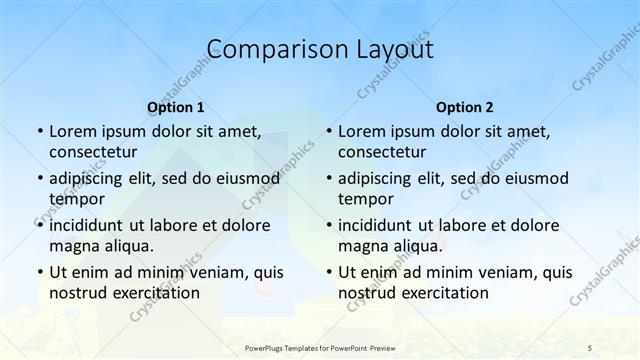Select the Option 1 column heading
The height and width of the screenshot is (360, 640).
tap(176, 107)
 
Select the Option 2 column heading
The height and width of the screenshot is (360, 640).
tap(465, 107)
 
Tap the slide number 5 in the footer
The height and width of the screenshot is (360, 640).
tap(590, 348)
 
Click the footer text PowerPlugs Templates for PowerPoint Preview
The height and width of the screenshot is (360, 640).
tap(319, 348)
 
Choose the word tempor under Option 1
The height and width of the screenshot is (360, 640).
tap(76, 198)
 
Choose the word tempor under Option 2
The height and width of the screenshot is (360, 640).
tap(365, 198)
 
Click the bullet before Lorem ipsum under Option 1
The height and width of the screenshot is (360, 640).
tap(39, 132)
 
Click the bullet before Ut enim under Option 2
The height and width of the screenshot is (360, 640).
tap(328, 272)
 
